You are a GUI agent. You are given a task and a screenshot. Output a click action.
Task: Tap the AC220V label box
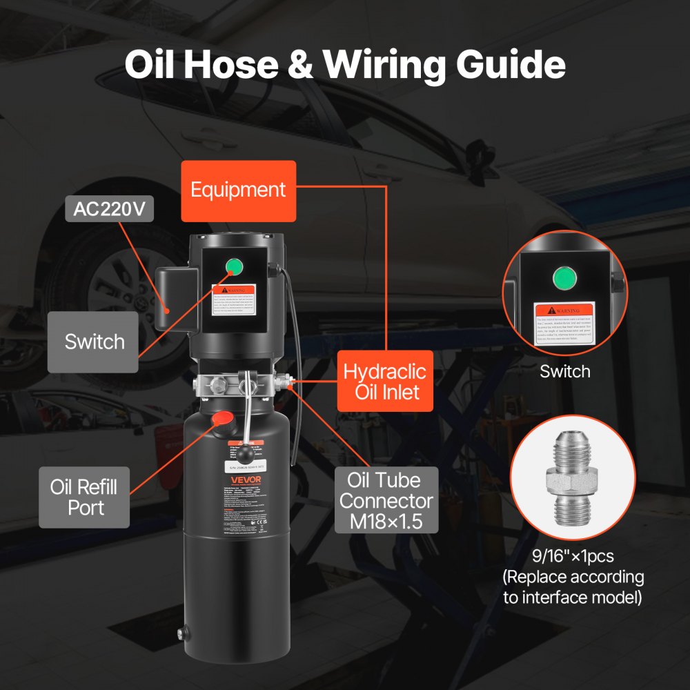(110, 209)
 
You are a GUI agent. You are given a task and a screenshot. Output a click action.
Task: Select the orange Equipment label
(238, 190)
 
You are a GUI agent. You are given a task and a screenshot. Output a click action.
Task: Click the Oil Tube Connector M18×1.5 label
(386, 500)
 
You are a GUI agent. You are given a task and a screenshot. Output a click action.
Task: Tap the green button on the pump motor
(233, 266)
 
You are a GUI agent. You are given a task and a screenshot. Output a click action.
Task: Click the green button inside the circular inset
(564, 277)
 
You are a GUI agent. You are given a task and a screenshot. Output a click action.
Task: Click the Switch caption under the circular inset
(564, 372)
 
